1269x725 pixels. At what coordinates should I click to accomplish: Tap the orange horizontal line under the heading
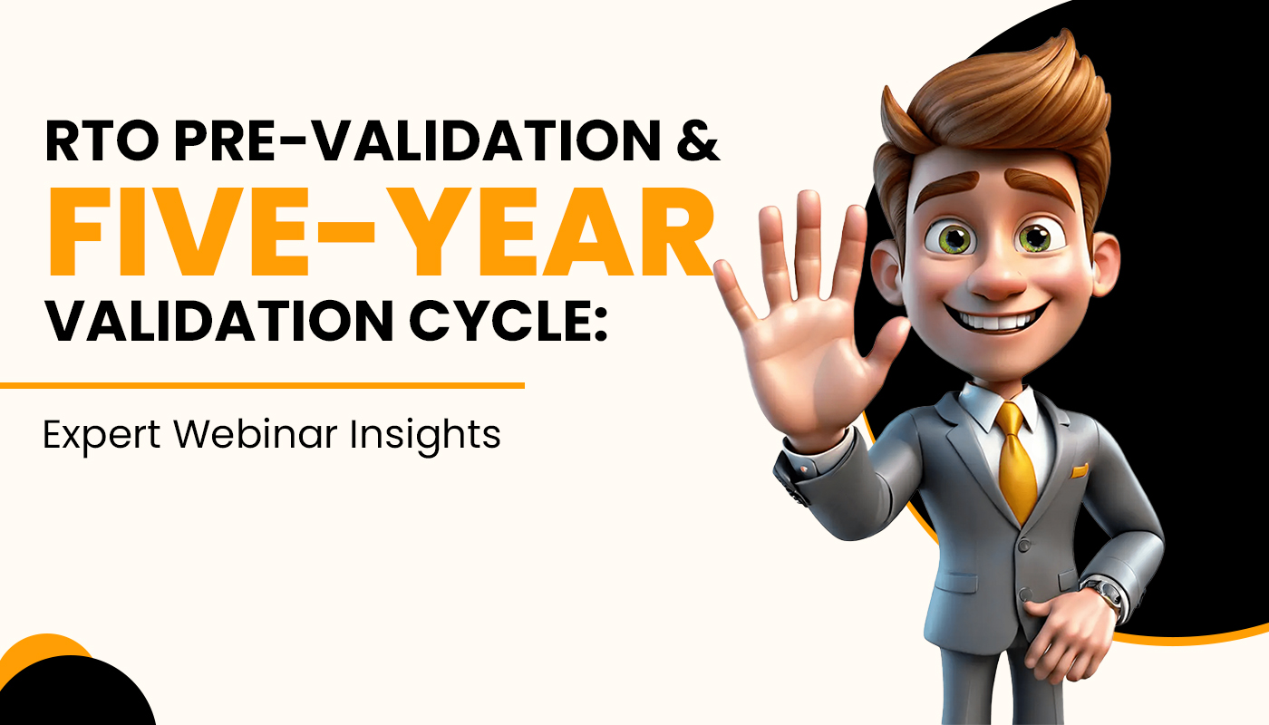262,385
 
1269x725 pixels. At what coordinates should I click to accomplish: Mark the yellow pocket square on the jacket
1078,471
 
